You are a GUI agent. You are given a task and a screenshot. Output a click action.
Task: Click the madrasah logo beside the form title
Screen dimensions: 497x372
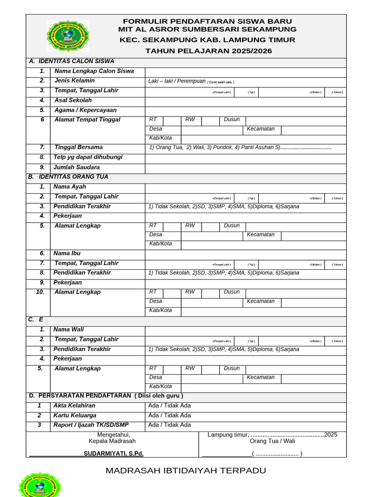tap(68, 36)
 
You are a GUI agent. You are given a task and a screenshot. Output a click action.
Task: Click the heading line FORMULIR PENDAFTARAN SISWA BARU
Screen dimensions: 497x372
tap(207, 21)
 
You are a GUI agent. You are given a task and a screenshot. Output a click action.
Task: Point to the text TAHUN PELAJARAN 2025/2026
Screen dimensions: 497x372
tap(209, 51)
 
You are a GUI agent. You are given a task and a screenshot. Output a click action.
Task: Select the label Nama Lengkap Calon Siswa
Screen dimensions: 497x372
tap(94, 71)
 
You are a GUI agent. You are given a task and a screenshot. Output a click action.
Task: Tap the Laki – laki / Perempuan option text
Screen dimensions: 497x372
tap(177, 81)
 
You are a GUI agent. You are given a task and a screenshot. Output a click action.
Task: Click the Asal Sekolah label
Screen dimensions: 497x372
tap(73, 100)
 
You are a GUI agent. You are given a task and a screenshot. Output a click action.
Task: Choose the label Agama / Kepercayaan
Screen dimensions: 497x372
tap(86, 110)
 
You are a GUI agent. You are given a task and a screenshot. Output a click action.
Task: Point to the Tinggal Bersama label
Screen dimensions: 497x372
tap(78, 148)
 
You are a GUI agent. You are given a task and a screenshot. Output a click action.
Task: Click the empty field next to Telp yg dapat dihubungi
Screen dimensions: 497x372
tap(246, 158)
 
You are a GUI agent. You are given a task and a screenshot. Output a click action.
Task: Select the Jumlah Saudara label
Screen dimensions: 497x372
tap(77, 167)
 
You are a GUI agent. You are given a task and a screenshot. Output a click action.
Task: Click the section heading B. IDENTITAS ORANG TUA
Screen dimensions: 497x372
tap(68, 177)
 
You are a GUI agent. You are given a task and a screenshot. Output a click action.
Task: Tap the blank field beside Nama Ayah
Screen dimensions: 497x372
tap(246, 187)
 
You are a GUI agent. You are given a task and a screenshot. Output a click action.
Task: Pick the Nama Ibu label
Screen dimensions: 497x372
tap(67, 253)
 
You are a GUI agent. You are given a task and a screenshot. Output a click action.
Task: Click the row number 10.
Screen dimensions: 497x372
tap(40, 292)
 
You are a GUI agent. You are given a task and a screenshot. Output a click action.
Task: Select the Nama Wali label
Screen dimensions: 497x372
tap(68, 330)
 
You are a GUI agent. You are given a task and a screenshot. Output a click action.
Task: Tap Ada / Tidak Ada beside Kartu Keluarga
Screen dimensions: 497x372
tap(170, 415)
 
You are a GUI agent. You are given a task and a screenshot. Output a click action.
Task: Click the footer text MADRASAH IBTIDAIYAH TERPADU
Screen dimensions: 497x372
tap(186, 471)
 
